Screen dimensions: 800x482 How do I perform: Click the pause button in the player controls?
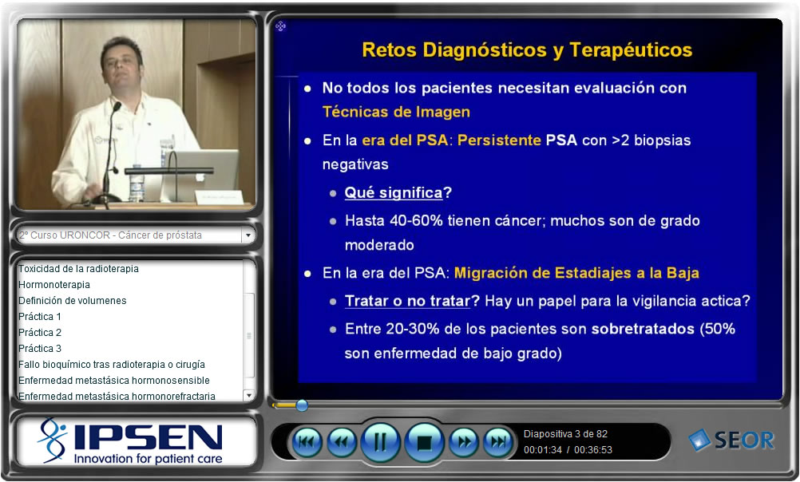[380, 442]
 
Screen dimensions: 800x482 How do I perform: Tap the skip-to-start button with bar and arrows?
[306, 442]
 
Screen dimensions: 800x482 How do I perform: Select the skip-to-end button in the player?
[498, 442]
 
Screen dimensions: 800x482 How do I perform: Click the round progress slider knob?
[302, 405]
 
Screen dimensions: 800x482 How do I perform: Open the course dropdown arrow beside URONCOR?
[248, 235]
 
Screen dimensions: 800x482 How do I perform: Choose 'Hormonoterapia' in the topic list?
[54, 285]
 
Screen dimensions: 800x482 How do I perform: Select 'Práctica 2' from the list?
[40, 333]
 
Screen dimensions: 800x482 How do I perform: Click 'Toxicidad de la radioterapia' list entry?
[78, 269]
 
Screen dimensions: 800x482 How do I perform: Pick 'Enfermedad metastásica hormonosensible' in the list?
[114, 381]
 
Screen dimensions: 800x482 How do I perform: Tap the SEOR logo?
[731, 441]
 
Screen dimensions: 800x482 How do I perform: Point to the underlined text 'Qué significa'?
[394, 193]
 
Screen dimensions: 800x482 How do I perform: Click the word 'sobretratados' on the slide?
[643, 329]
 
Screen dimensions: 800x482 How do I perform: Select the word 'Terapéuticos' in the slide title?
[631, 50]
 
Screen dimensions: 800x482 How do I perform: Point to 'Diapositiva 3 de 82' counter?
[565, 434]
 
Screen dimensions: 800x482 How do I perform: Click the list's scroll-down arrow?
[248, 395]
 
